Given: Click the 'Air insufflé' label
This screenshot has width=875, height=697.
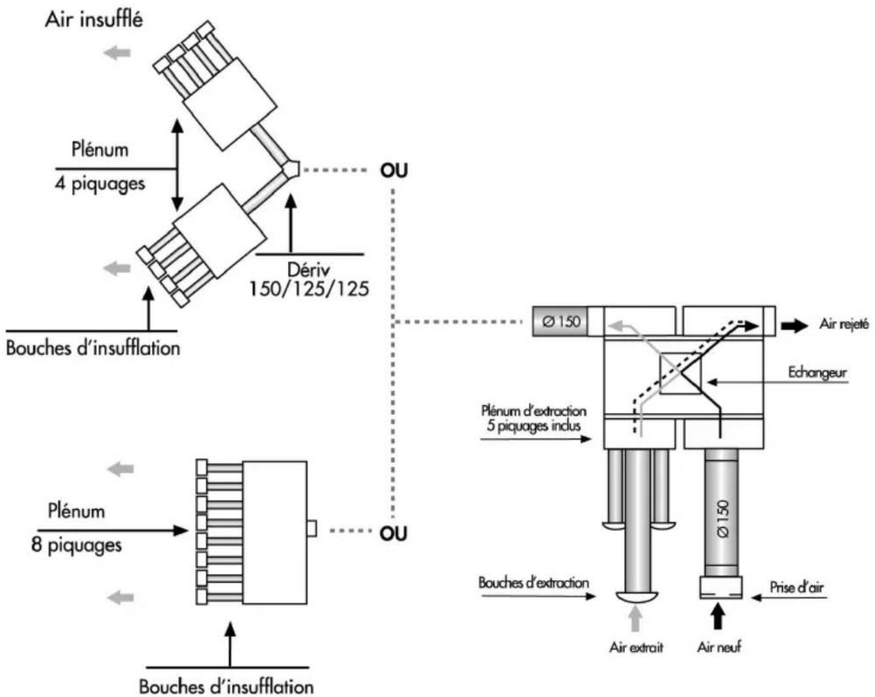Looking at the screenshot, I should pos(93,19).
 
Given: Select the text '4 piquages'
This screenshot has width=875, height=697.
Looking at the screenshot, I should pos(99,183).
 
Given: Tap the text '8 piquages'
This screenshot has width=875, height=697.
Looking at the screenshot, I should pos(76,545).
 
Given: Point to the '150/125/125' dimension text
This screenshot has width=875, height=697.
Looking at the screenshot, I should pos(308,288).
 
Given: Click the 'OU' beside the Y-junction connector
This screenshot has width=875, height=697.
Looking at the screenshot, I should pos(394,171).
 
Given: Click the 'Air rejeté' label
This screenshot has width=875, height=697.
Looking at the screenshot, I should pos(844,324).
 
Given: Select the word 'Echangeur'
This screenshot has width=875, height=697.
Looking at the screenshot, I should pos(818,372).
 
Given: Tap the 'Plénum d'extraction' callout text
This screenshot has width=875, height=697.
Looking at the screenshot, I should pos(533,410).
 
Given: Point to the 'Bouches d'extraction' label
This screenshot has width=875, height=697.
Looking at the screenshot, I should pos(533,583).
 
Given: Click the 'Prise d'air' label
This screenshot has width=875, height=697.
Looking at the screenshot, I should pos(796,587).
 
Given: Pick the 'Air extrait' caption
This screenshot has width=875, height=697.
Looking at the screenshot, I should pos(636,647).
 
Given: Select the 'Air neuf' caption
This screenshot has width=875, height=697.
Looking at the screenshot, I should pos(719,647).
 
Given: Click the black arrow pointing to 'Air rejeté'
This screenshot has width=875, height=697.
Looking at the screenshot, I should pos(794,325).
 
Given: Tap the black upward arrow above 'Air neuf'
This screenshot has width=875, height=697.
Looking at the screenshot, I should pos(718,617).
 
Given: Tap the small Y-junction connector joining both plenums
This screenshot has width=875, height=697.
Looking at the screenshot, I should pos(291,169).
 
